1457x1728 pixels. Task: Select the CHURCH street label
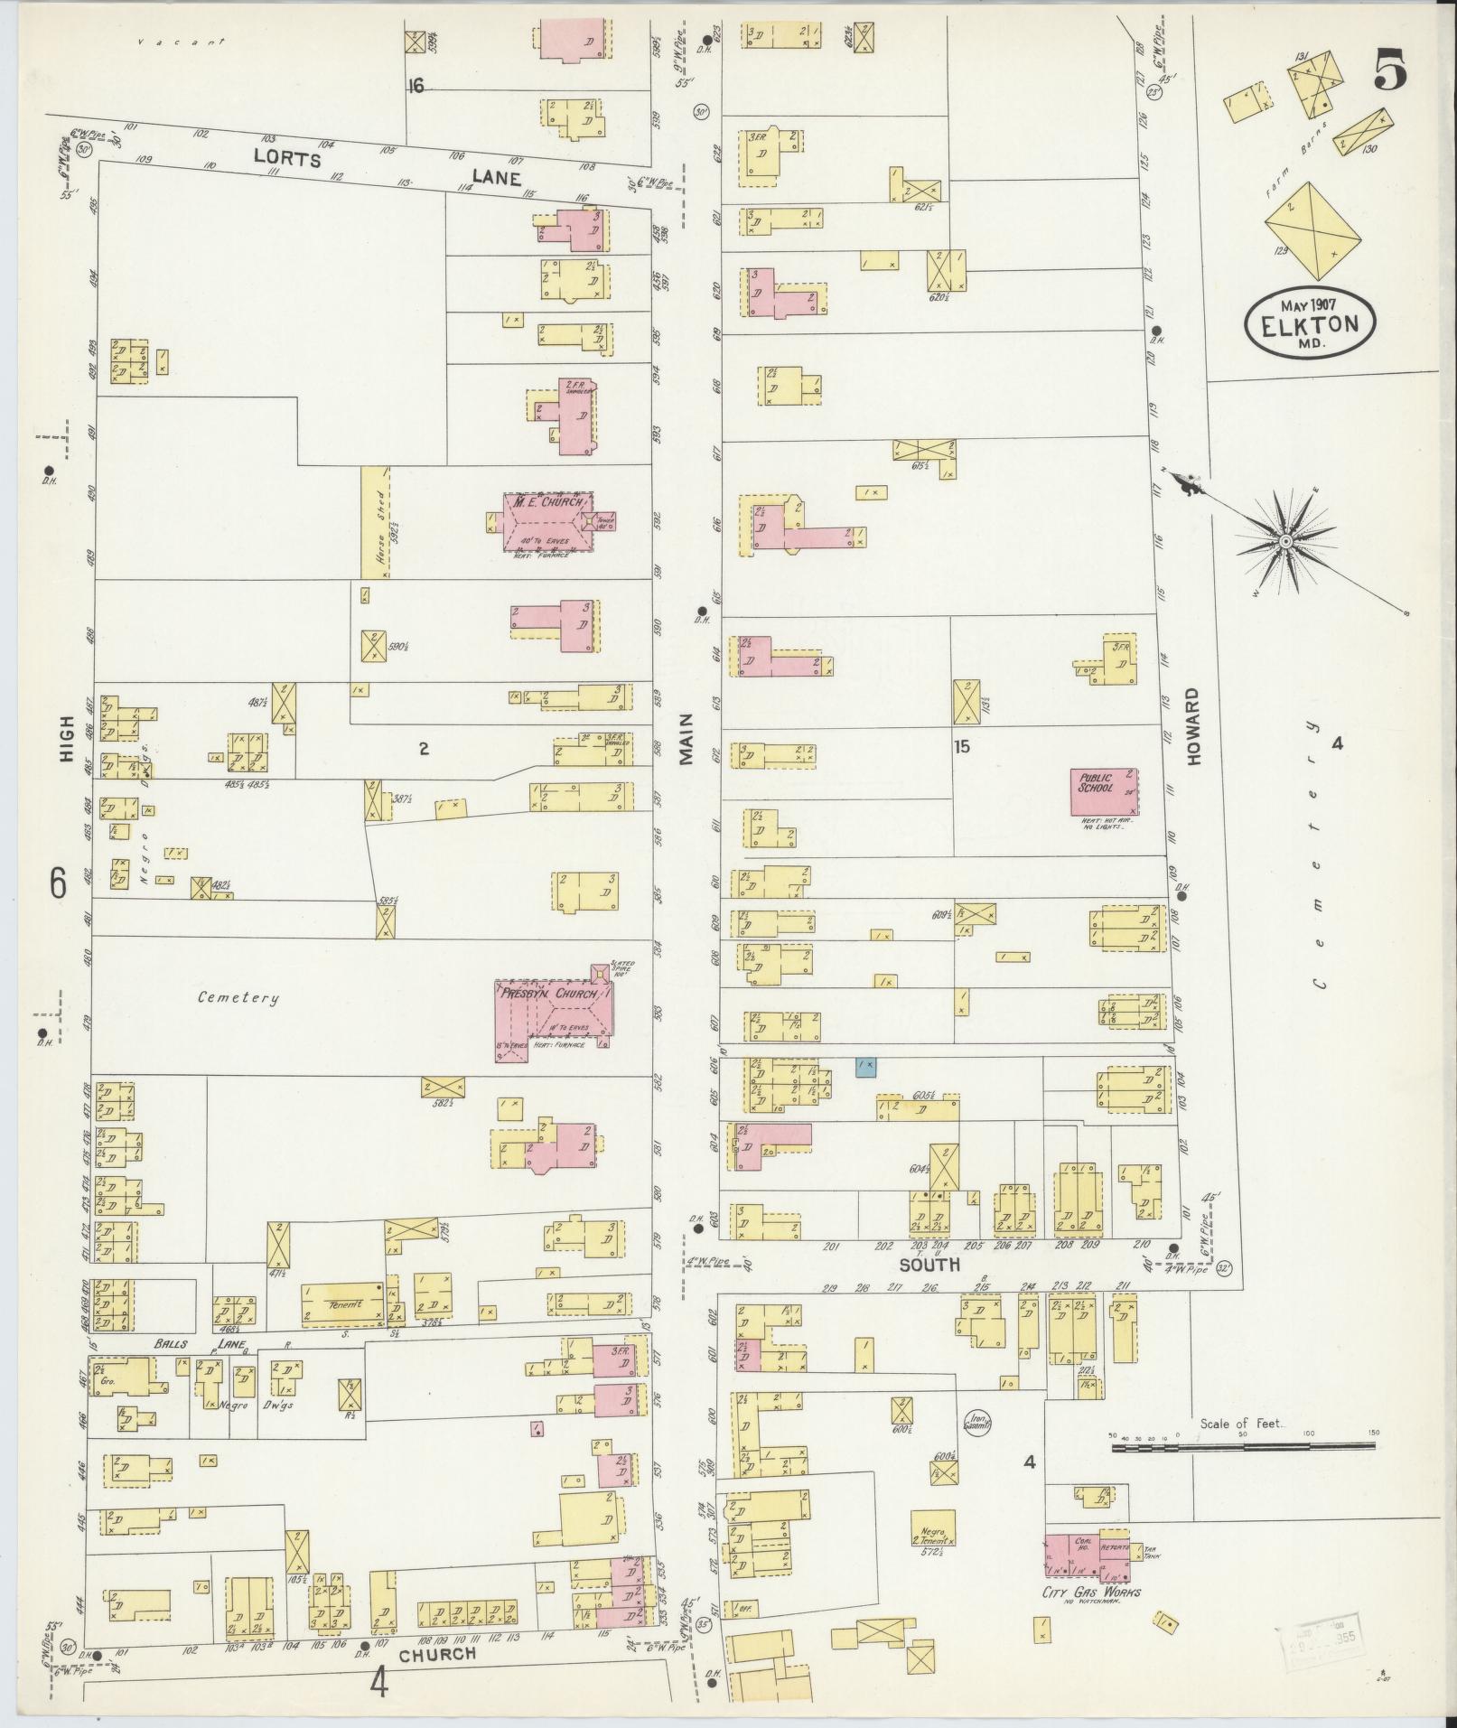coord(437,1655)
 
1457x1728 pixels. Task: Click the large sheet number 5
coord(1390,70)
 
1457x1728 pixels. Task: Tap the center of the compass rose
coord(1284,540)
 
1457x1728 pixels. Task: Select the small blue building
coord(866,1067)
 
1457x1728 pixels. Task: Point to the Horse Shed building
coord(374,521)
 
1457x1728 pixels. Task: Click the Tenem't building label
coord(343,1303)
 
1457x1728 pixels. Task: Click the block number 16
coord(416,87)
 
